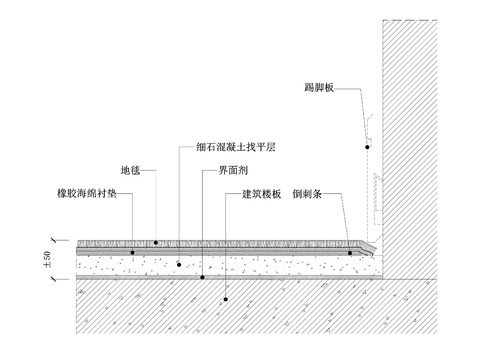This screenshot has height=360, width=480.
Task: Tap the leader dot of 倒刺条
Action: [x=349, y=253]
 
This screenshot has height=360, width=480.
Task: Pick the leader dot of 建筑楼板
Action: [x=226, y=298]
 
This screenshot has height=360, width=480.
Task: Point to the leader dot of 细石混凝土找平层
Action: [x=178, y=264]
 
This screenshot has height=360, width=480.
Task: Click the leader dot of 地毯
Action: [x=156, y=242]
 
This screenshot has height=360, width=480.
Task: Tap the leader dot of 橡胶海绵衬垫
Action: [x=133, y=252]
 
